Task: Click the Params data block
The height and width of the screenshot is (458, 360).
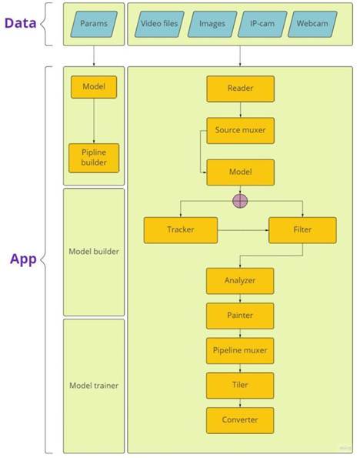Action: (94, 24)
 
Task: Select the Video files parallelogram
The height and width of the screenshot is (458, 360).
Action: (159, 24)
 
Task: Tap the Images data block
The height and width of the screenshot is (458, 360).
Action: (212, 24)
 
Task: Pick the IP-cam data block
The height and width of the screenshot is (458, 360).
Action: (262, 24)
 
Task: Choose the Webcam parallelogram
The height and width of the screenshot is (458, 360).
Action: (312, 24)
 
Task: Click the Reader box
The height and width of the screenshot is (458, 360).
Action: (240, 89)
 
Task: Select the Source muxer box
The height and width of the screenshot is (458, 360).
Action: (240, 131)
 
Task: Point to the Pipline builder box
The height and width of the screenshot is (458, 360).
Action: (94, 158)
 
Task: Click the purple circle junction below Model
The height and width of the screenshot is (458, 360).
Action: (240, 201)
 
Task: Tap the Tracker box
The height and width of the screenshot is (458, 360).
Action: (181, 230)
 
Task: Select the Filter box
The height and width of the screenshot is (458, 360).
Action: (302, 230)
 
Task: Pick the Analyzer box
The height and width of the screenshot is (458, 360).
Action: (240, 281)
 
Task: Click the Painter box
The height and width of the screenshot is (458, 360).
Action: (240, 316)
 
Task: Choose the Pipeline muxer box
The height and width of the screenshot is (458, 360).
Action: (240, 351)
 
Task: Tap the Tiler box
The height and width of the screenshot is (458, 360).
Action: (240, 386)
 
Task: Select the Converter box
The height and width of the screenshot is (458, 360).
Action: (240, 420)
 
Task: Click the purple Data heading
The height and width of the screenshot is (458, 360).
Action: (21, 23)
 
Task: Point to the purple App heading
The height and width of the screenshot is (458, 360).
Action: (23, 259)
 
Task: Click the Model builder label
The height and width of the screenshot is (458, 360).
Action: (94, 252)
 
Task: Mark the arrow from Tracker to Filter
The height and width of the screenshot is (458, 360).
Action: (243, 230)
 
